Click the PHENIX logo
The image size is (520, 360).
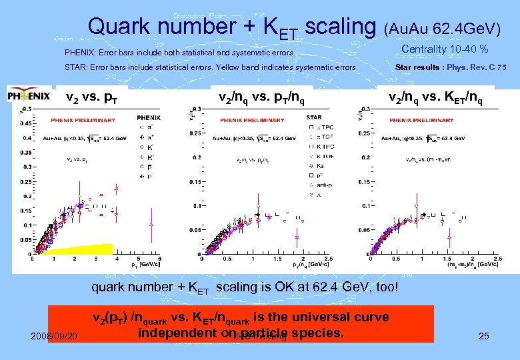coord(29,96)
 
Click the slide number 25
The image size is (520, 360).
coord(484,336)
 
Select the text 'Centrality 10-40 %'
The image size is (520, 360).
coord(445,49)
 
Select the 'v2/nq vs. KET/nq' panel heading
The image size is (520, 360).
coord(436,97)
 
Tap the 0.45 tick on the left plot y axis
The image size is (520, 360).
coord(25,123)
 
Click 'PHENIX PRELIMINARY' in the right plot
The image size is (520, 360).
coord(417,120)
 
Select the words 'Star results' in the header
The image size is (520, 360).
coord(413,67)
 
